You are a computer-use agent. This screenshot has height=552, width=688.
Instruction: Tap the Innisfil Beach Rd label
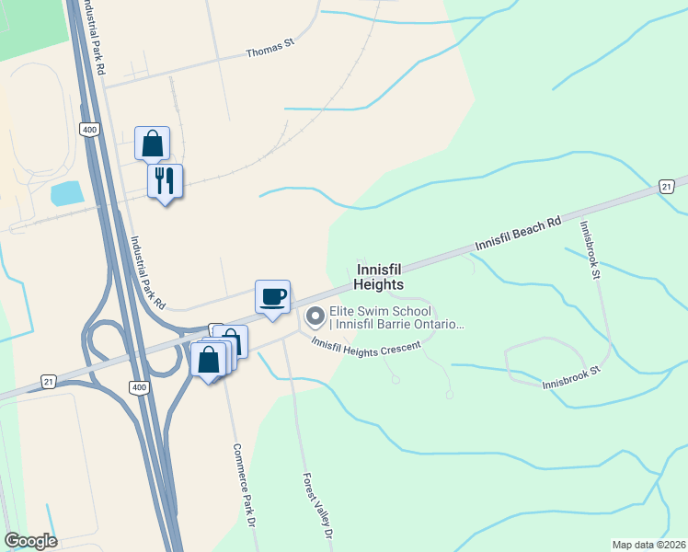(x=518, y=236)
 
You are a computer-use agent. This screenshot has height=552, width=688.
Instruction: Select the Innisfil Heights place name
(x=378, y=277)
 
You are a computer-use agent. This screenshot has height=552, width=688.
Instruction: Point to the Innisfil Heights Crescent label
(x=365, y=345)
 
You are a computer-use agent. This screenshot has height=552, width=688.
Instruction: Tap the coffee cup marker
(x=272, y=297)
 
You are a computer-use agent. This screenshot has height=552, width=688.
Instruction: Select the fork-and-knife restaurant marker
(x=166, y=180)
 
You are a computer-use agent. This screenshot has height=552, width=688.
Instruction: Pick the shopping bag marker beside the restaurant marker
(x=153, y=144)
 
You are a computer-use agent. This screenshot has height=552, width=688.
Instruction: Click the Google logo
(x=30, y=541)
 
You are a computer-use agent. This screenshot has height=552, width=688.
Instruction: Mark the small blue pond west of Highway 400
(x=65, y=193)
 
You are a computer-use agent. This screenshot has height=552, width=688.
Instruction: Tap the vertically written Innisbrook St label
(x=589, y=249)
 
